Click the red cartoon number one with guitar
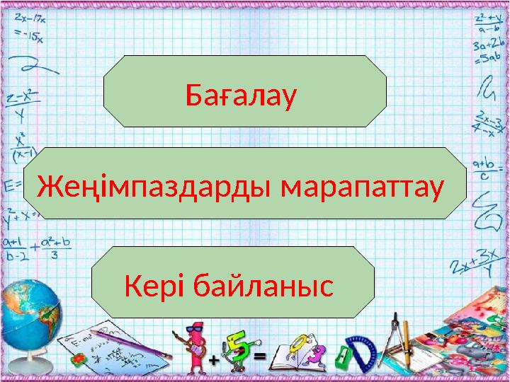(x=195, y=347)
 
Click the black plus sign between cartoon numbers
(x=213, y=360)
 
